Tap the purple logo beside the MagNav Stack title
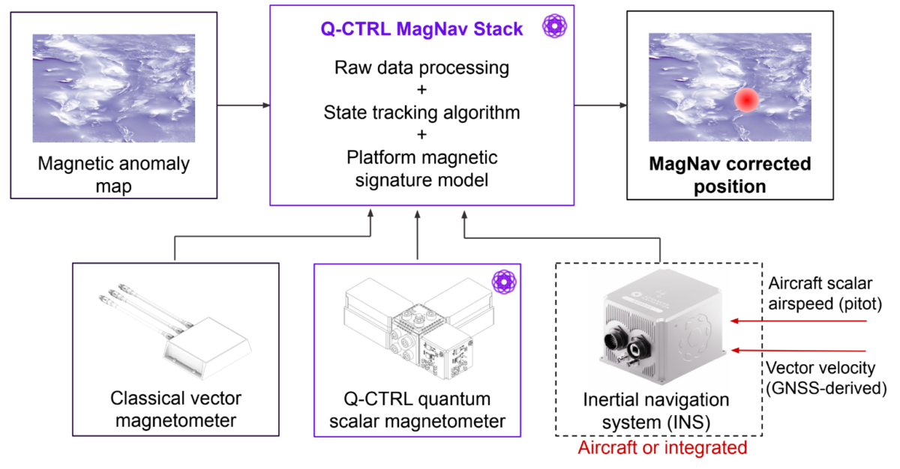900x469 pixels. (554, 27)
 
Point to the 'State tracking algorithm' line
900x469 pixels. (421, 113)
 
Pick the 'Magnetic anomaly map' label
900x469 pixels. (114, 174)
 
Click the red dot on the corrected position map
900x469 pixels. (746, 100)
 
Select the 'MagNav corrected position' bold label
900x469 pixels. (730, 175)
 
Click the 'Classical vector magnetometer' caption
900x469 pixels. (175, 409)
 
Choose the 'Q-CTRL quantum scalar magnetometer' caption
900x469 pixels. (417, 409)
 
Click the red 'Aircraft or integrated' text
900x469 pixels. (662, 448)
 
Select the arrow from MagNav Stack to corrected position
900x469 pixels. (600, 105)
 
